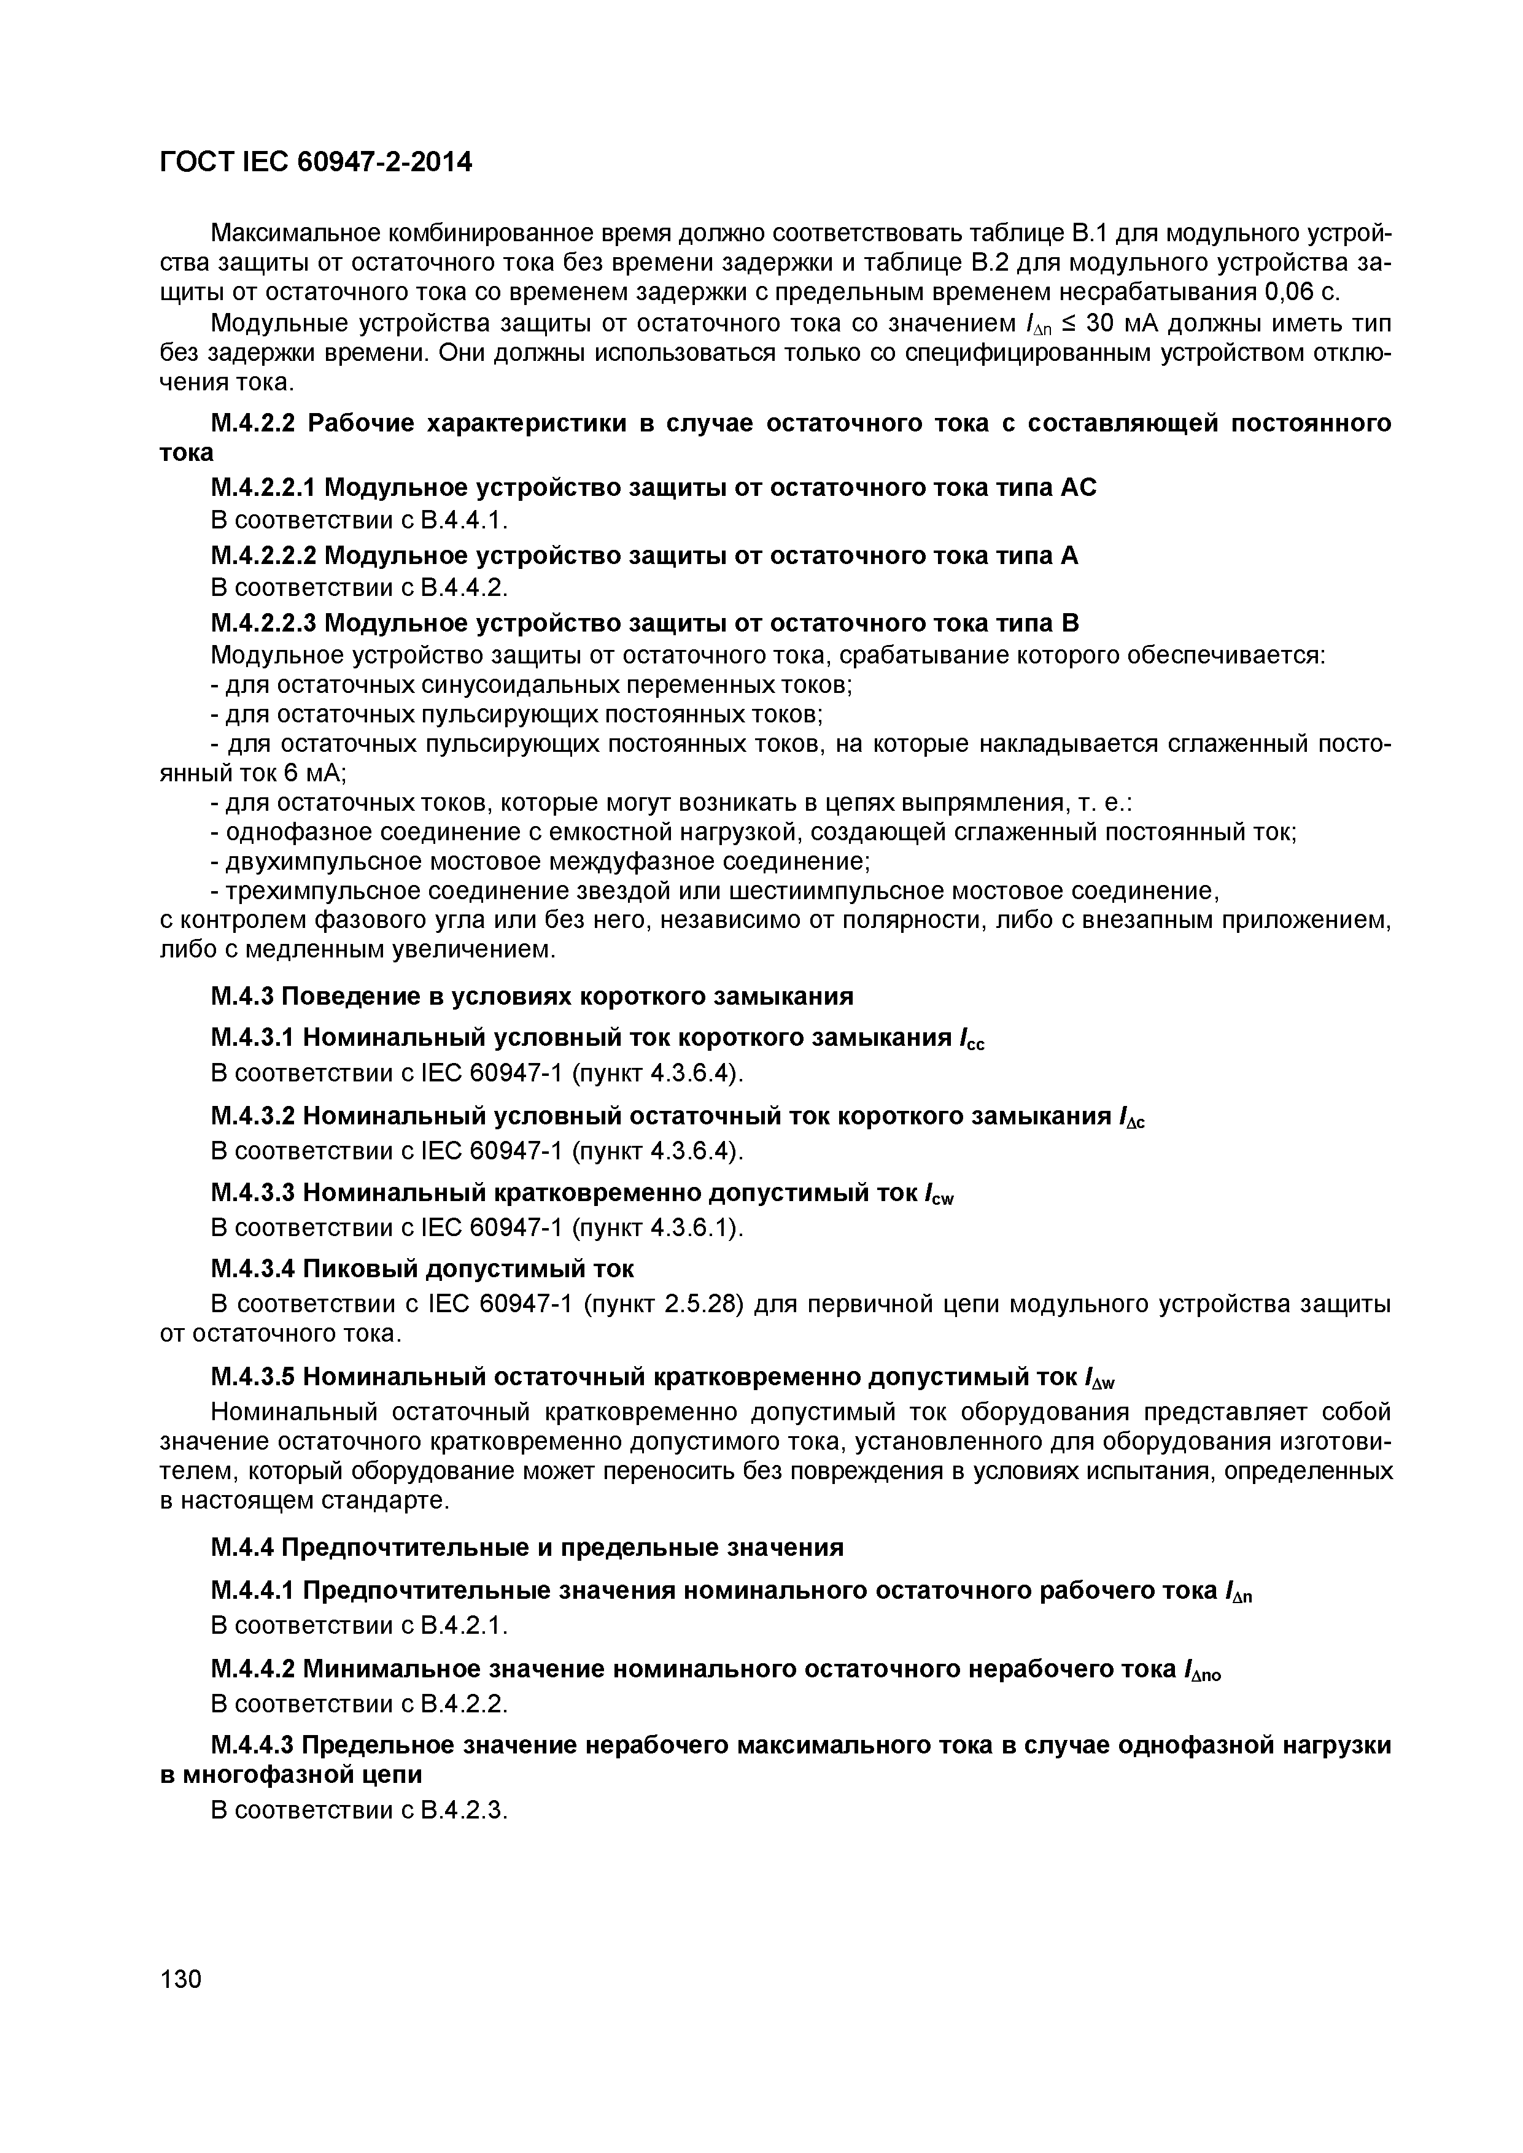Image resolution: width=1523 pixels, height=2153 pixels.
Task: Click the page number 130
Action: [x=181, y=1979]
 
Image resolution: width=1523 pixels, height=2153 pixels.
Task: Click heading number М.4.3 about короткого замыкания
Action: [x=243, y=996]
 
